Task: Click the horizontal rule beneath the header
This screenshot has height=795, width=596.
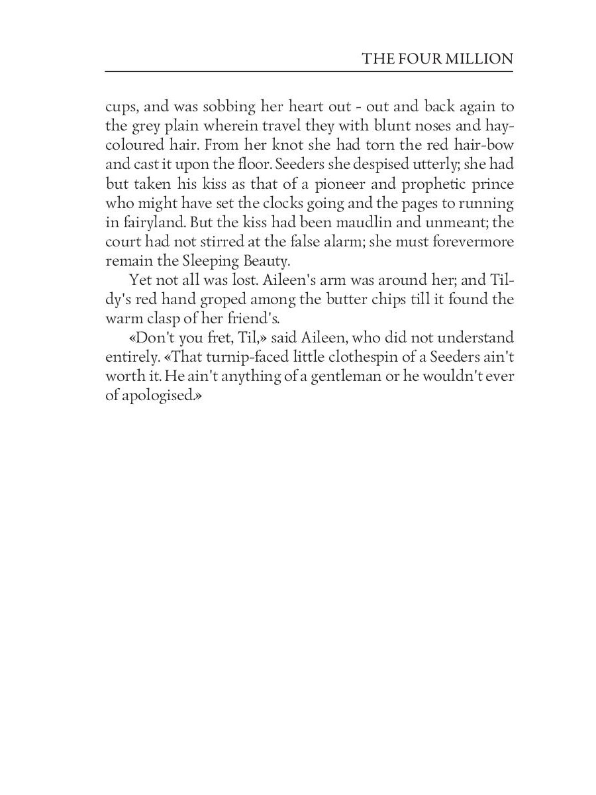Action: (x=309, y=71)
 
